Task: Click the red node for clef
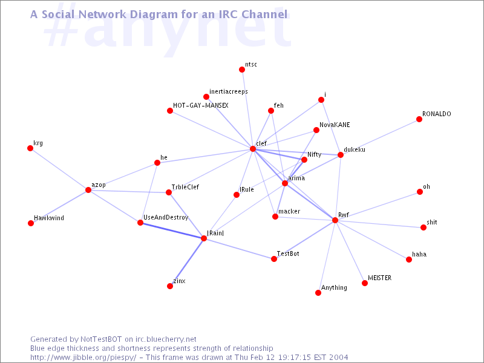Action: coord(253,149)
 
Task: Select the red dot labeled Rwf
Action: coord(335,220)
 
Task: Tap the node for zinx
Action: coord(170,286)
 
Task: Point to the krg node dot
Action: coord(30,148)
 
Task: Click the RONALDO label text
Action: coord(436,114)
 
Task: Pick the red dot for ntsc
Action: coord(242,70)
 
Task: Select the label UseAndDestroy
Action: coord(166,217)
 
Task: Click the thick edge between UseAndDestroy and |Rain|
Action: coord(172,231)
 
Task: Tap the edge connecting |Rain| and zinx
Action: coord(187,263)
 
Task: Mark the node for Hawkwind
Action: coord(31,223)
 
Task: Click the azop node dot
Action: coord(88,190)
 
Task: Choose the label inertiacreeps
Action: coord(229,91)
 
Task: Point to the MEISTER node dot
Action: coord(365,283)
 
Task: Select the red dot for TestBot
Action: coord(274,259)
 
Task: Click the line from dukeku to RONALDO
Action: coord(380,137)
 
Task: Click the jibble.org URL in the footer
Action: coord(83,358)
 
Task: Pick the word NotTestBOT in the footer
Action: coord(101,339)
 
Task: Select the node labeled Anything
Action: coord(318,293)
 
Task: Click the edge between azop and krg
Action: coord(59,169)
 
